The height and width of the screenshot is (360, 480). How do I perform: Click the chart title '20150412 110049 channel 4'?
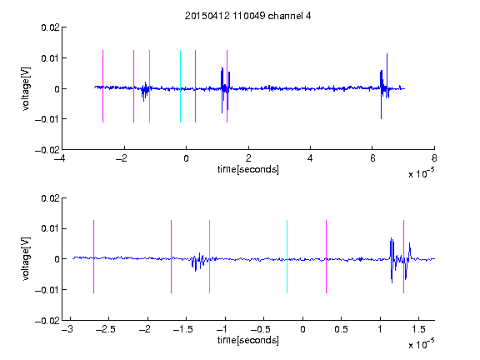coord(248,16)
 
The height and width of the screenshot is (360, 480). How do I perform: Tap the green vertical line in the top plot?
coord(149,86)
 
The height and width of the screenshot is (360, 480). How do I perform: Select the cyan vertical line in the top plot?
coord(180,86)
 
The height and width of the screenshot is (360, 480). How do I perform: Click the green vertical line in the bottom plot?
coord(209,257)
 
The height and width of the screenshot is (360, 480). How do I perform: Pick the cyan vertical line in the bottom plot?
coord(287,257)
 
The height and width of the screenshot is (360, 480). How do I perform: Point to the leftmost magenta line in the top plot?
coord(102,86)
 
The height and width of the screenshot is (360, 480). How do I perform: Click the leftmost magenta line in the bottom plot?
coord(93,257)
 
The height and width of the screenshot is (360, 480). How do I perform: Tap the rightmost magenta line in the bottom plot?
coord(403,257)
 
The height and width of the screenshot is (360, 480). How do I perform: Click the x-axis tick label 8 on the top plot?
coord(434,158)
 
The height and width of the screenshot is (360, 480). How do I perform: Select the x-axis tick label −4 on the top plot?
coord(60,158)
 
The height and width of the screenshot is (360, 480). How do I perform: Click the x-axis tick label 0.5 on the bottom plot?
coord(341,329)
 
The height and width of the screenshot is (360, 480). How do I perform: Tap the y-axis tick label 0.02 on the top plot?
coord(50,27)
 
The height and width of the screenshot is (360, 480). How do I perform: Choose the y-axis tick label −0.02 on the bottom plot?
coord(47,321)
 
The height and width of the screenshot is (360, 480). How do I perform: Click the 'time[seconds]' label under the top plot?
coord(248,169)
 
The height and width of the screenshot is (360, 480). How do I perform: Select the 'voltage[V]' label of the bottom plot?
coord(26,258)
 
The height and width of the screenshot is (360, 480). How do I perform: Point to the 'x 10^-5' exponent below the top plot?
coord(421,173)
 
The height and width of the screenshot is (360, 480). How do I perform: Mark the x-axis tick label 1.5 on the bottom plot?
coord(418,329)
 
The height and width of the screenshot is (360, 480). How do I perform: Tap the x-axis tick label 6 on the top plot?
coord(372,158)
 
